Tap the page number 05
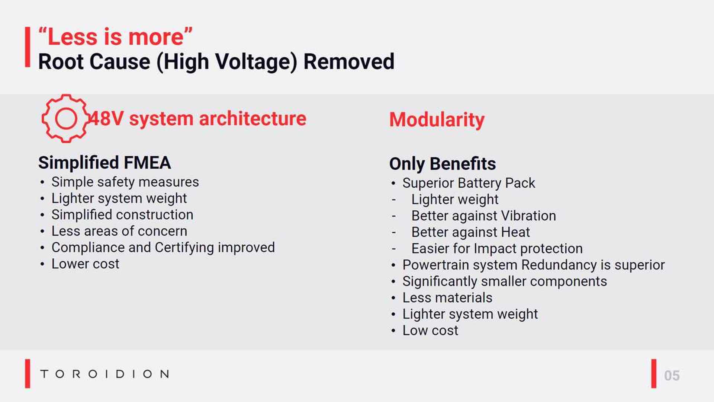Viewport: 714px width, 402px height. (x=672, y=376)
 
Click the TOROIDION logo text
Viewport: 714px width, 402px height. (x=104, y=374)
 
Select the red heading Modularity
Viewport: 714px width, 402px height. (x=437, y=120)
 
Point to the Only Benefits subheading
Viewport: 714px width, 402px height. (x=442, y=164)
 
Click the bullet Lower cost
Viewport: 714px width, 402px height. (x=85, y=264)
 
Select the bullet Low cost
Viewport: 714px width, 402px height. (x=430, y=331)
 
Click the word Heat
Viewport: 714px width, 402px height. (x=515, y=232)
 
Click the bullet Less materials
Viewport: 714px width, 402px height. (x=447, y=298)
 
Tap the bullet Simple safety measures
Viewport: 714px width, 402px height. (x=125, y=182)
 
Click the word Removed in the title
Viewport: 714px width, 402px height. (x=349, y=61)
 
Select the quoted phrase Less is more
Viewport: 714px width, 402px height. (x=115, y=37)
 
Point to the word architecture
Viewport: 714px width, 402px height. (x=253, y=119)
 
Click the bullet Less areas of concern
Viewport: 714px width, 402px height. (x=119, y=231)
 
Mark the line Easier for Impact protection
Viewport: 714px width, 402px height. (x=497, y=249)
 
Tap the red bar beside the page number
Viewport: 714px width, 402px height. (x=654, y=374)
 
